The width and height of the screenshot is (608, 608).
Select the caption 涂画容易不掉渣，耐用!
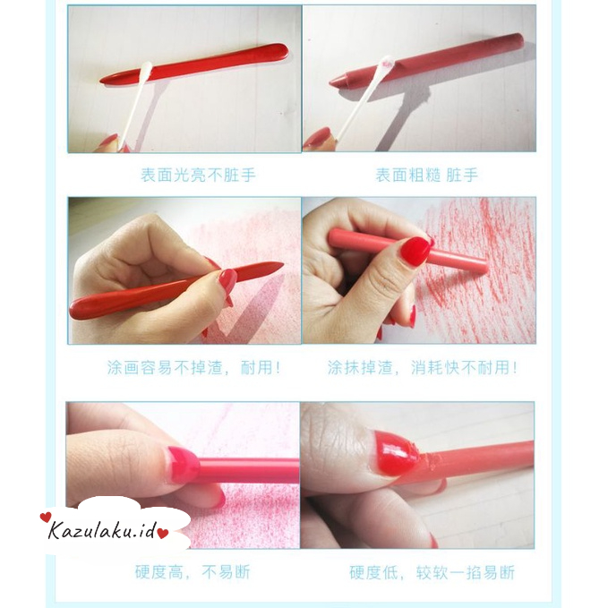tap(193, 367)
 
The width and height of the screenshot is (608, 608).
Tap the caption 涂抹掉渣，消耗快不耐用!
tap(422, 367)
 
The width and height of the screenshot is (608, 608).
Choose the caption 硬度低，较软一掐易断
tap(432, 571)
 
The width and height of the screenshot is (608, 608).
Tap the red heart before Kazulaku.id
tap(46, 518)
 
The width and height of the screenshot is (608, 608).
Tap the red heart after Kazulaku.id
tap(164, 534)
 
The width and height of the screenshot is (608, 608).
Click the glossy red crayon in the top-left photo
tap(215, 61)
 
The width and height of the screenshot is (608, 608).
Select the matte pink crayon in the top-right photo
tap(448, 56)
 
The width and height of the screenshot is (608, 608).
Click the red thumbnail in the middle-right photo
tap(415, 251)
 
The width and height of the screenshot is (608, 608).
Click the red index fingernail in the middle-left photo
tap(227, 281)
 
